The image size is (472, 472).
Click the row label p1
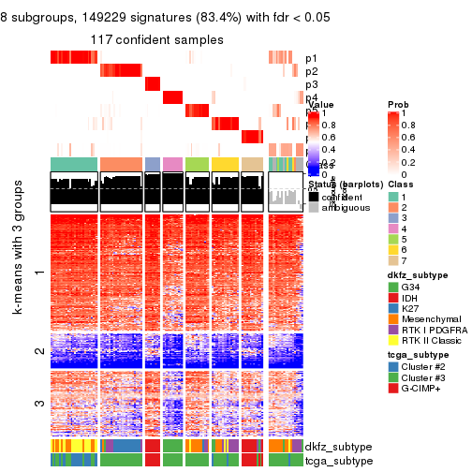pos(311,57)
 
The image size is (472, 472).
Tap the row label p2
pos(311,71)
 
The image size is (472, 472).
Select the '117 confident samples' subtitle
pos(157,40)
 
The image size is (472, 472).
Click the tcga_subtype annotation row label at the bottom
pos(333,461)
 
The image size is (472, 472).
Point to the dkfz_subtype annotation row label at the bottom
pos(333,448)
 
